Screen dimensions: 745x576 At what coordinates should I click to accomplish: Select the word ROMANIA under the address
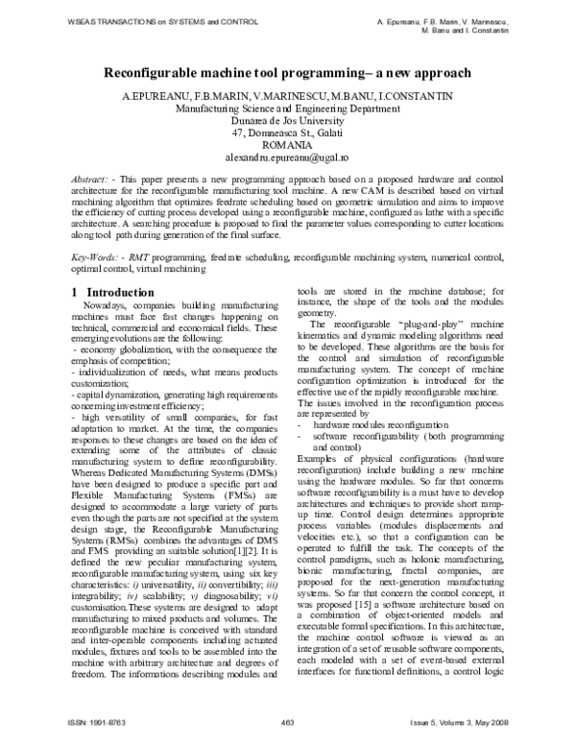point(286,144)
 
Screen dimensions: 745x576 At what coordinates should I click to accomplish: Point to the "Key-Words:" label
point(100,258)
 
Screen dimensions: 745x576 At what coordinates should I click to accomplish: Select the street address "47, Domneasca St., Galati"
point(286,132)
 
